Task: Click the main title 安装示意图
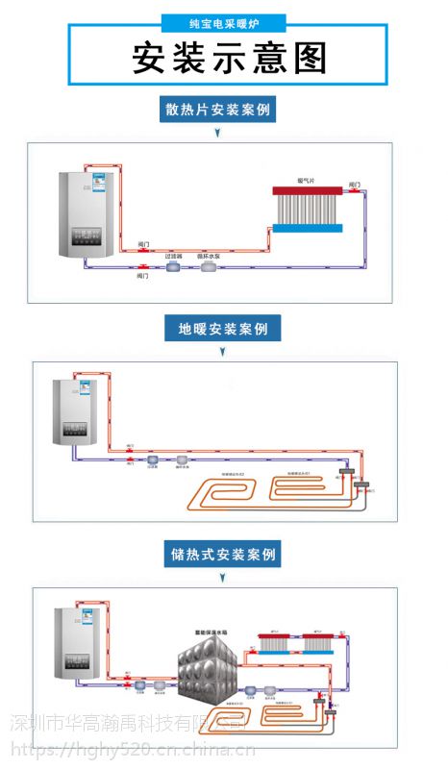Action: pyautogui.click(x=229, y=58)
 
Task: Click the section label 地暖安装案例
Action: pyautogui.click(x=223, y=329)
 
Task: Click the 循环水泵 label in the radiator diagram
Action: pyautogui.click(x=210, y=257)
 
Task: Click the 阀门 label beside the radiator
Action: pyautogui.click(x=354, y=183)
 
